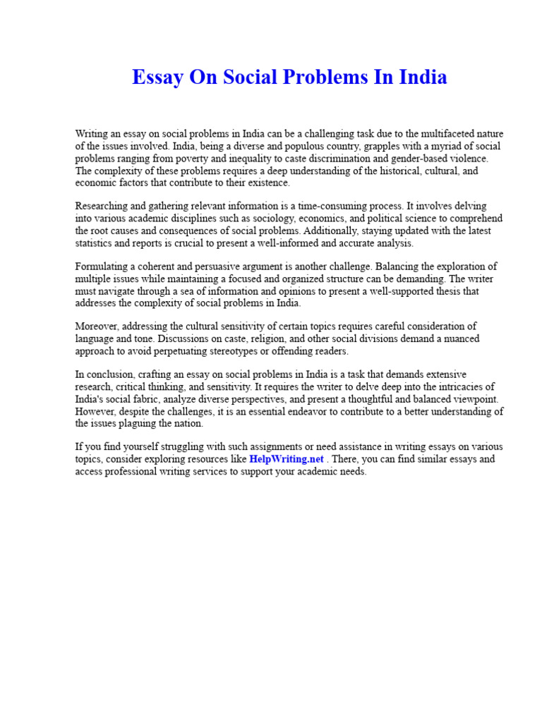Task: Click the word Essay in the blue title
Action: coord(156,77)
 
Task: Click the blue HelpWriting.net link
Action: coord(287,459)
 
